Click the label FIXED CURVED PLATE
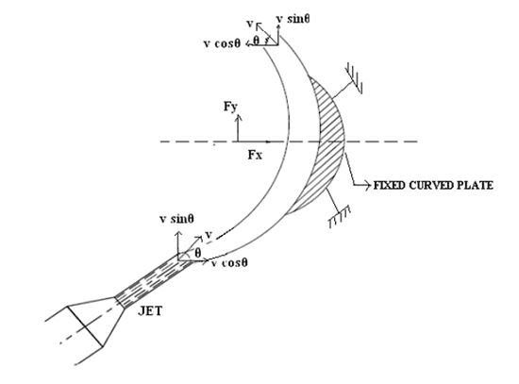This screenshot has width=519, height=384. tap(433, 185)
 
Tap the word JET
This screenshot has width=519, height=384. tap(150, 311)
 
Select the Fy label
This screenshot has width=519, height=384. tap(230, 107)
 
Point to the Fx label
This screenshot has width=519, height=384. tap(255, 155)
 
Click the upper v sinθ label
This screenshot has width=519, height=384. tap(293, 19)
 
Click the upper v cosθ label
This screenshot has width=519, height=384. tap(222, 43)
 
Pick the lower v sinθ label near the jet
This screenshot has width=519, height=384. tap(176, 219)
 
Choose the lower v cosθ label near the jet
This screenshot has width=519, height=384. tap(229, 263)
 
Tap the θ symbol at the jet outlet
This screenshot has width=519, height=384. tap(197, 253)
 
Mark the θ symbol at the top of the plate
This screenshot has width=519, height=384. tap(256, 40)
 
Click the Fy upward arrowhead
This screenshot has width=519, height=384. tap(238, 117)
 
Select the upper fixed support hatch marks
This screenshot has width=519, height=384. tap(354, 78)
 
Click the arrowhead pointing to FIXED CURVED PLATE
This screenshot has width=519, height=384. tap(367, 185)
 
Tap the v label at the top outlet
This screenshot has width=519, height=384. tap(250, 24)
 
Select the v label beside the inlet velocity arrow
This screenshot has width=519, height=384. tap(209, 235)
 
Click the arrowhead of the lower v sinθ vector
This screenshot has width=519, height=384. tap(178, 234)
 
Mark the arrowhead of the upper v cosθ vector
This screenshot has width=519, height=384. tap(248, 43)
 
